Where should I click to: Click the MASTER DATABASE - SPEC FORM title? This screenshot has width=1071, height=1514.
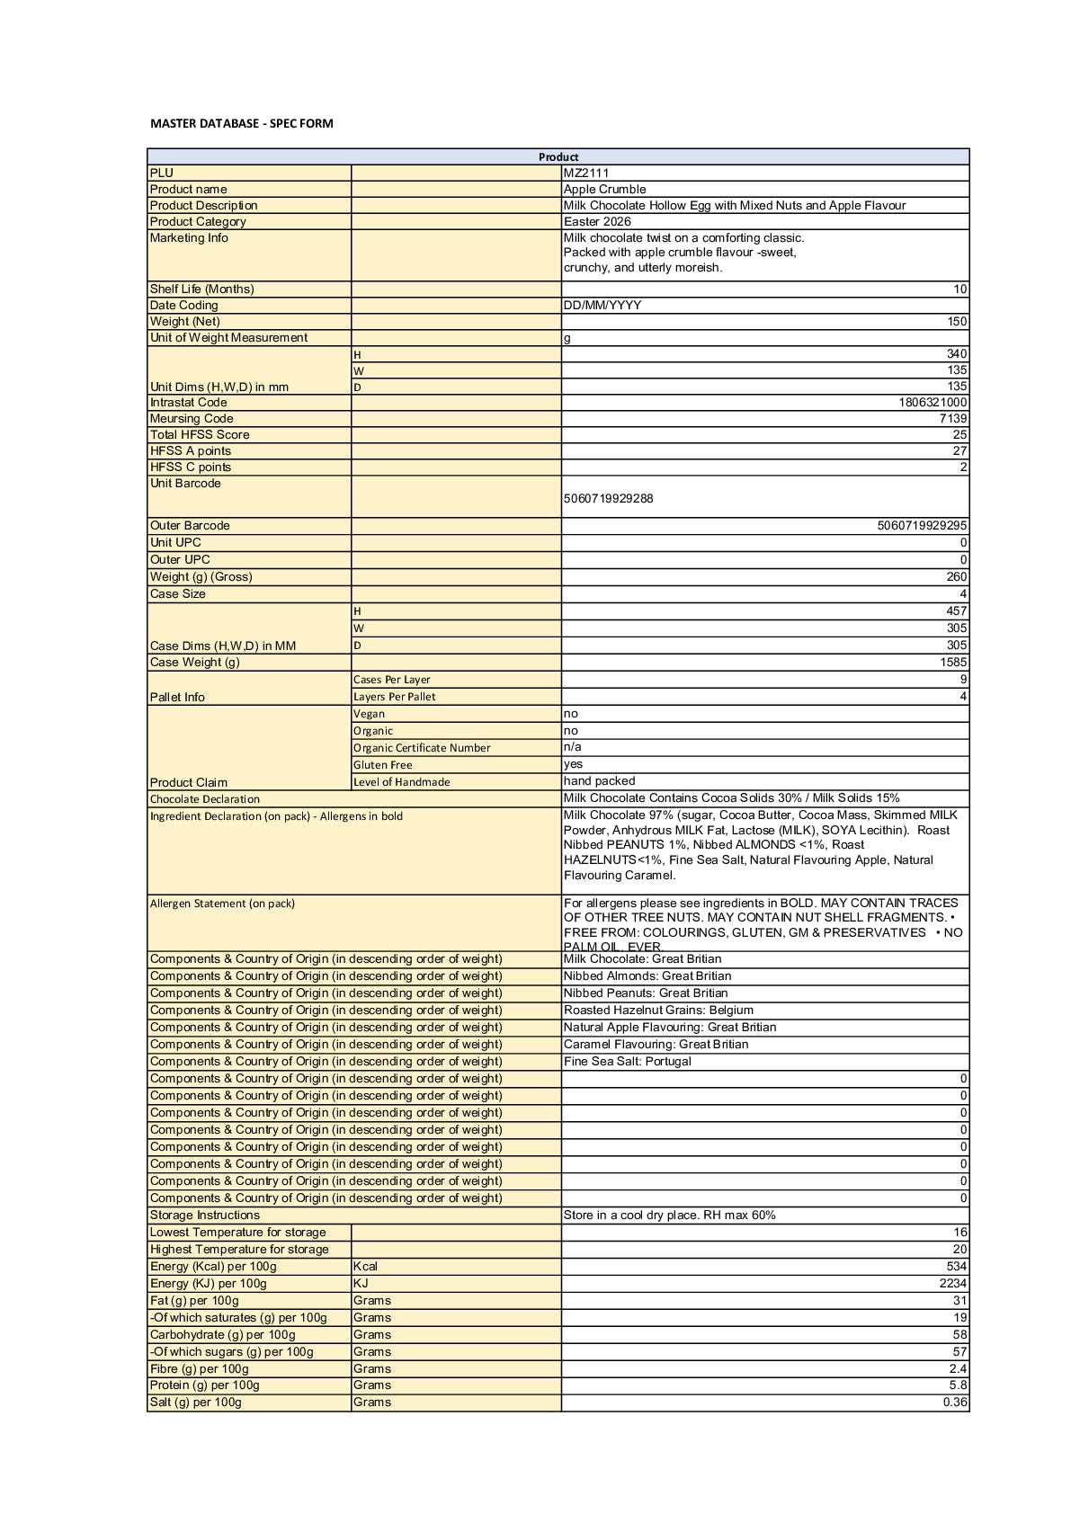click(241, 123)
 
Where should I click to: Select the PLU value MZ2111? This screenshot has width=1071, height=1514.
click(586, 173)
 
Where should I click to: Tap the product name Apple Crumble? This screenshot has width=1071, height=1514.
click(604, 189)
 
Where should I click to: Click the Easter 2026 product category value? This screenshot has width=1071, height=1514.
click(597, 221)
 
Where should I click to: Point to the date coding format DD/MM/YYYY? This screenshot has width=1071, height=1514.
click(602, 305)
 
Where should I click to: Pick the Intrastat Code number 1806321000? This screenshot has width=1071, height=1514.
click(933, 402)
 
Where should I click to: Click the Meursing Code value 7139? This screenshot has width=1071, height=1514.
click(952, 418)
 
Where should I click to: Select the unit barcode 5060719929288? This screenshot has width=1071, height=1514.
click(609, 498)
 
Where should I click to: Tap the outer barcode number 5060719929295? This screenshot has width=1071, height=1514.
click(922, 525)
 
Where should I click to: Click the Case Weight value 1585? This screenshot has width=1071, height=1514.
click(953, 662)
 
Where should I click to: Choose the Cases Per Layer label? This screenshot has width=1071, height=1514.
click(391, 680)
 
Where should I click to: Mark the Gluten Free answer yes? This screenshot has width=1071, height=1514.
click(573, 764)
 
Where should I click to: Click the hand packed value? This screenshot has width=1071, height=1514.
click(599, 781)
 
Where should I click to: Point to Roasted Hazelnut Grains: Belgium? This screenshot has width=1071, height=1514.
click(658, 1010)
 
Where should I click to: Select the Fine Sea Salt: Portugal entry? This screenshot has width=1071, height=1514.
click(628, 1061)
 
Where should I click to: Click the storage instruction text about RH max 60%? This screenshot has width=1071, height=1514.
click(669, 1215)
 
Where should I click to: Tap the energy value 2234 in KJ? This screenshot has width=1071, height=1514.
click(953, 1283)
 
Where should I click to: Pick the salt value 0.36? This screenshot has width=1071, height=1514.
click(955, 1402)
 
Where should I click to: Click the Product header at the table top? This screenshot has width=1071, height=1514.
click(558, 156)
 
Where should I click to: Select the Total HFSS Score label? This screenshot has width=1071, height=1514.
click(200, 434)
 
